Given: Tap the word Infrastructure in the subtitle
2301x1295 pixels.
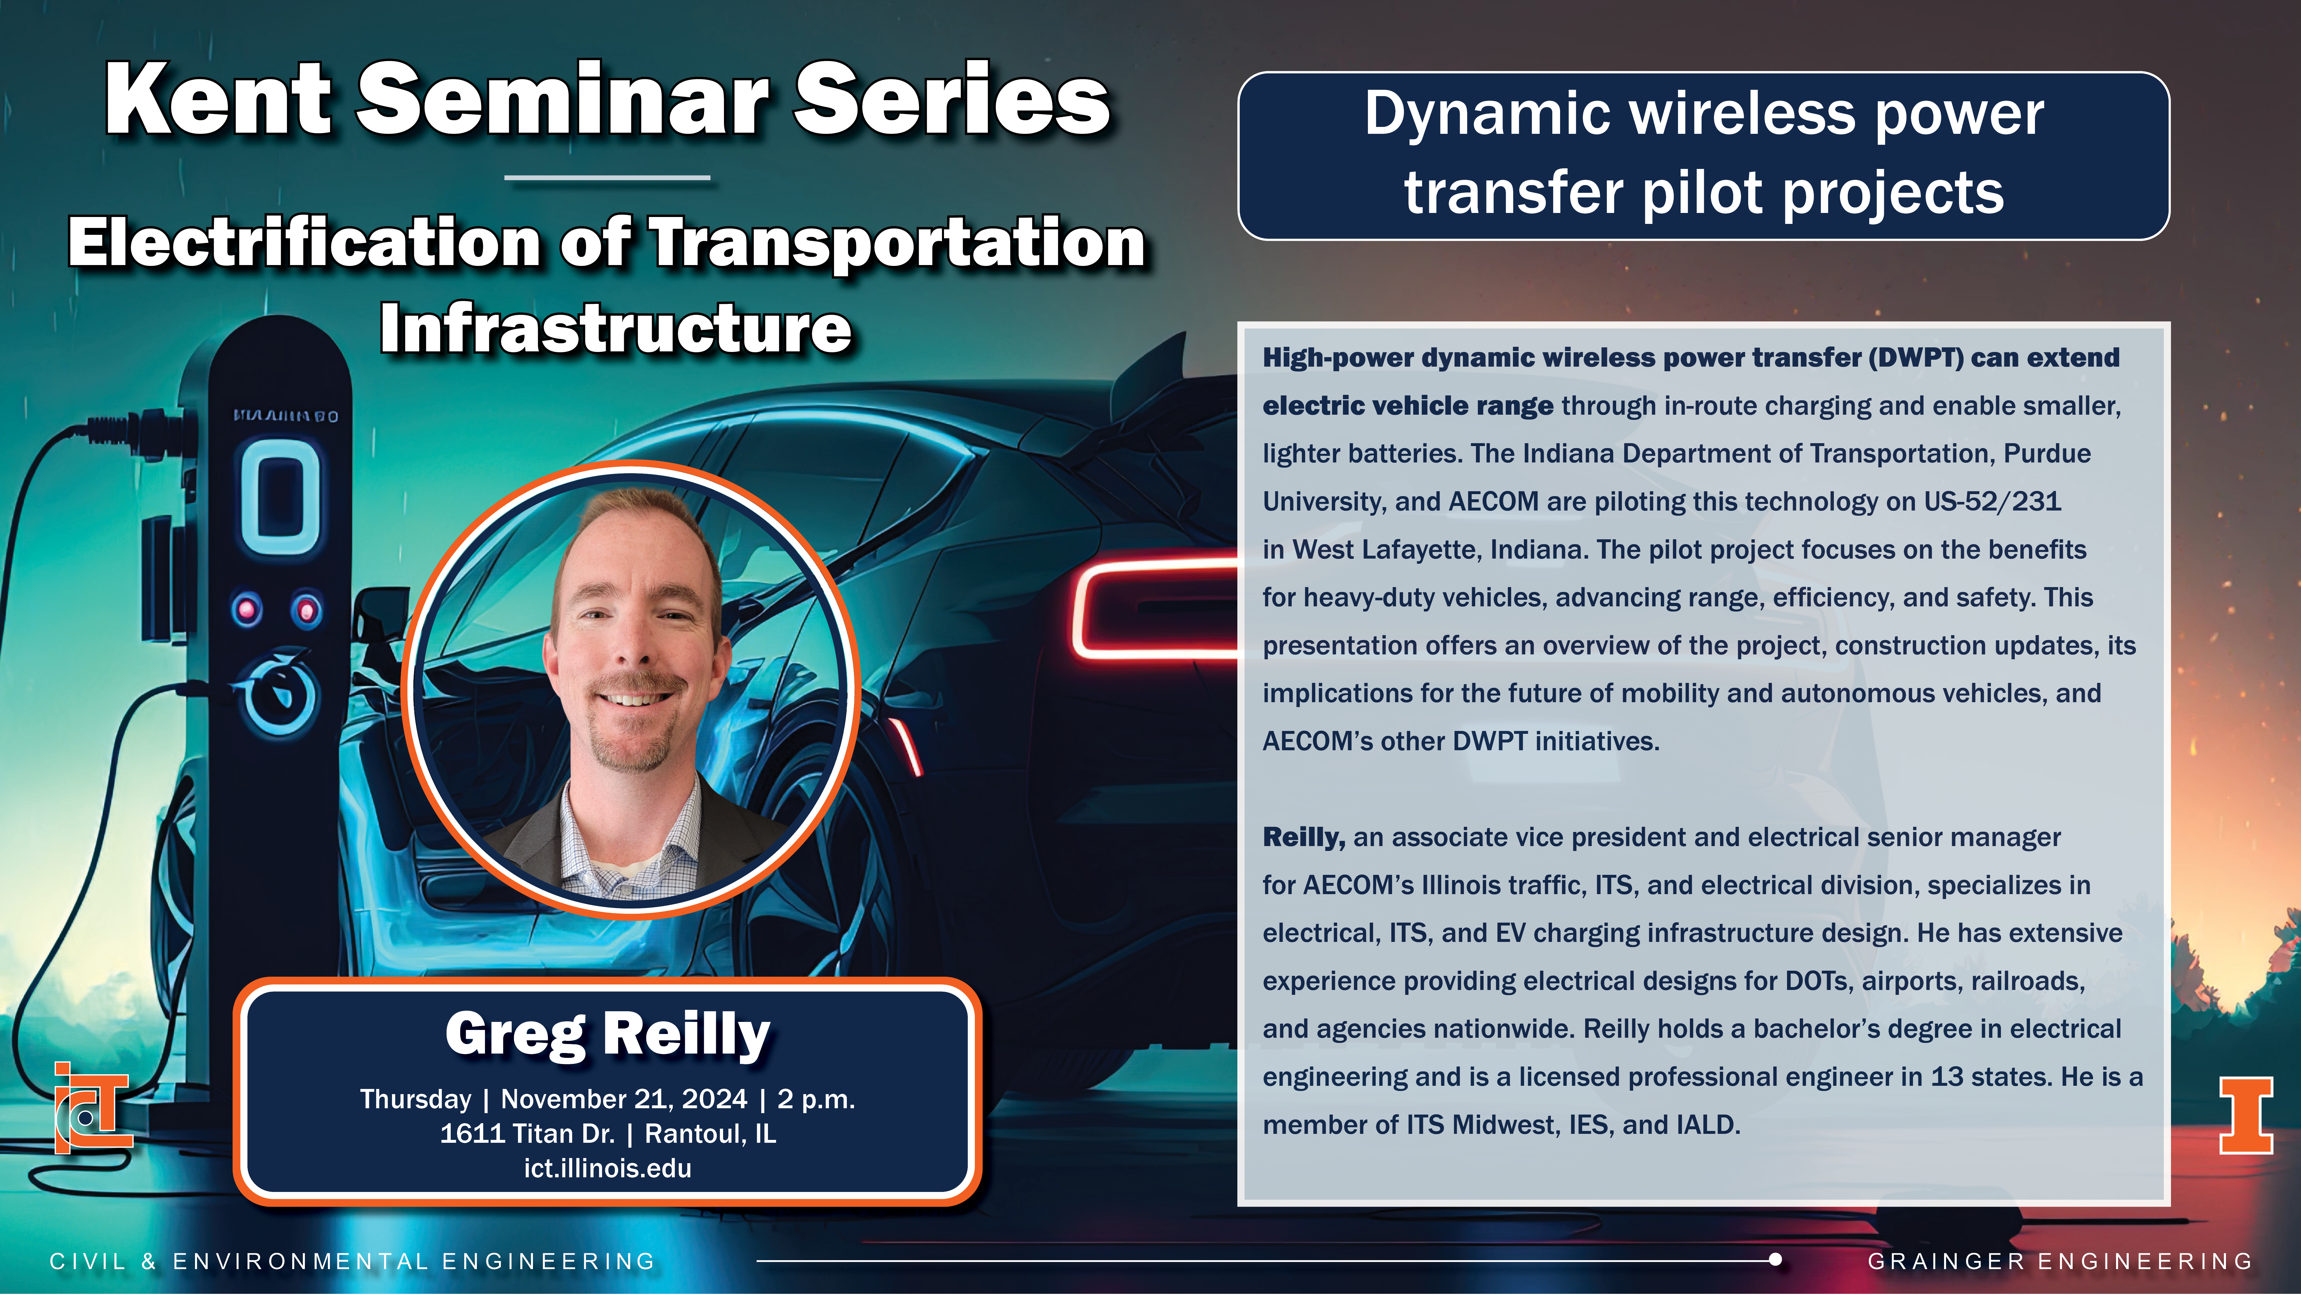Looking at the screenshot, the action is (x=616, y=329).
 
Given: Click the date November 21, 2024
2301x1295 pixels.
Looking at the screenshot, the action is (x=624, y=1099).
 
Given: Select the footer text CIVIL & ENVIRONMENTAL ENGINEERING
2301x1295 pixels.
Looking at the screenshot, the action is (x=353, y=1261).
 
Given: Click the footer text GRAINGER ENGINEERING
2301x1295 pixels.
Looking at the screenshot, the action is (x=2061, y=1261).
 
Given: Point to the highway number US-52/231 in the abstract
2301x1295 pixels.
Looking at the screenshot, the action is (x=1993, y=501).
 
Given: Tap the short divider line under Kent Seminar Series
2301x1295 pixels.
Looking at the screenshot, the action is (x=607, y=178).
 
